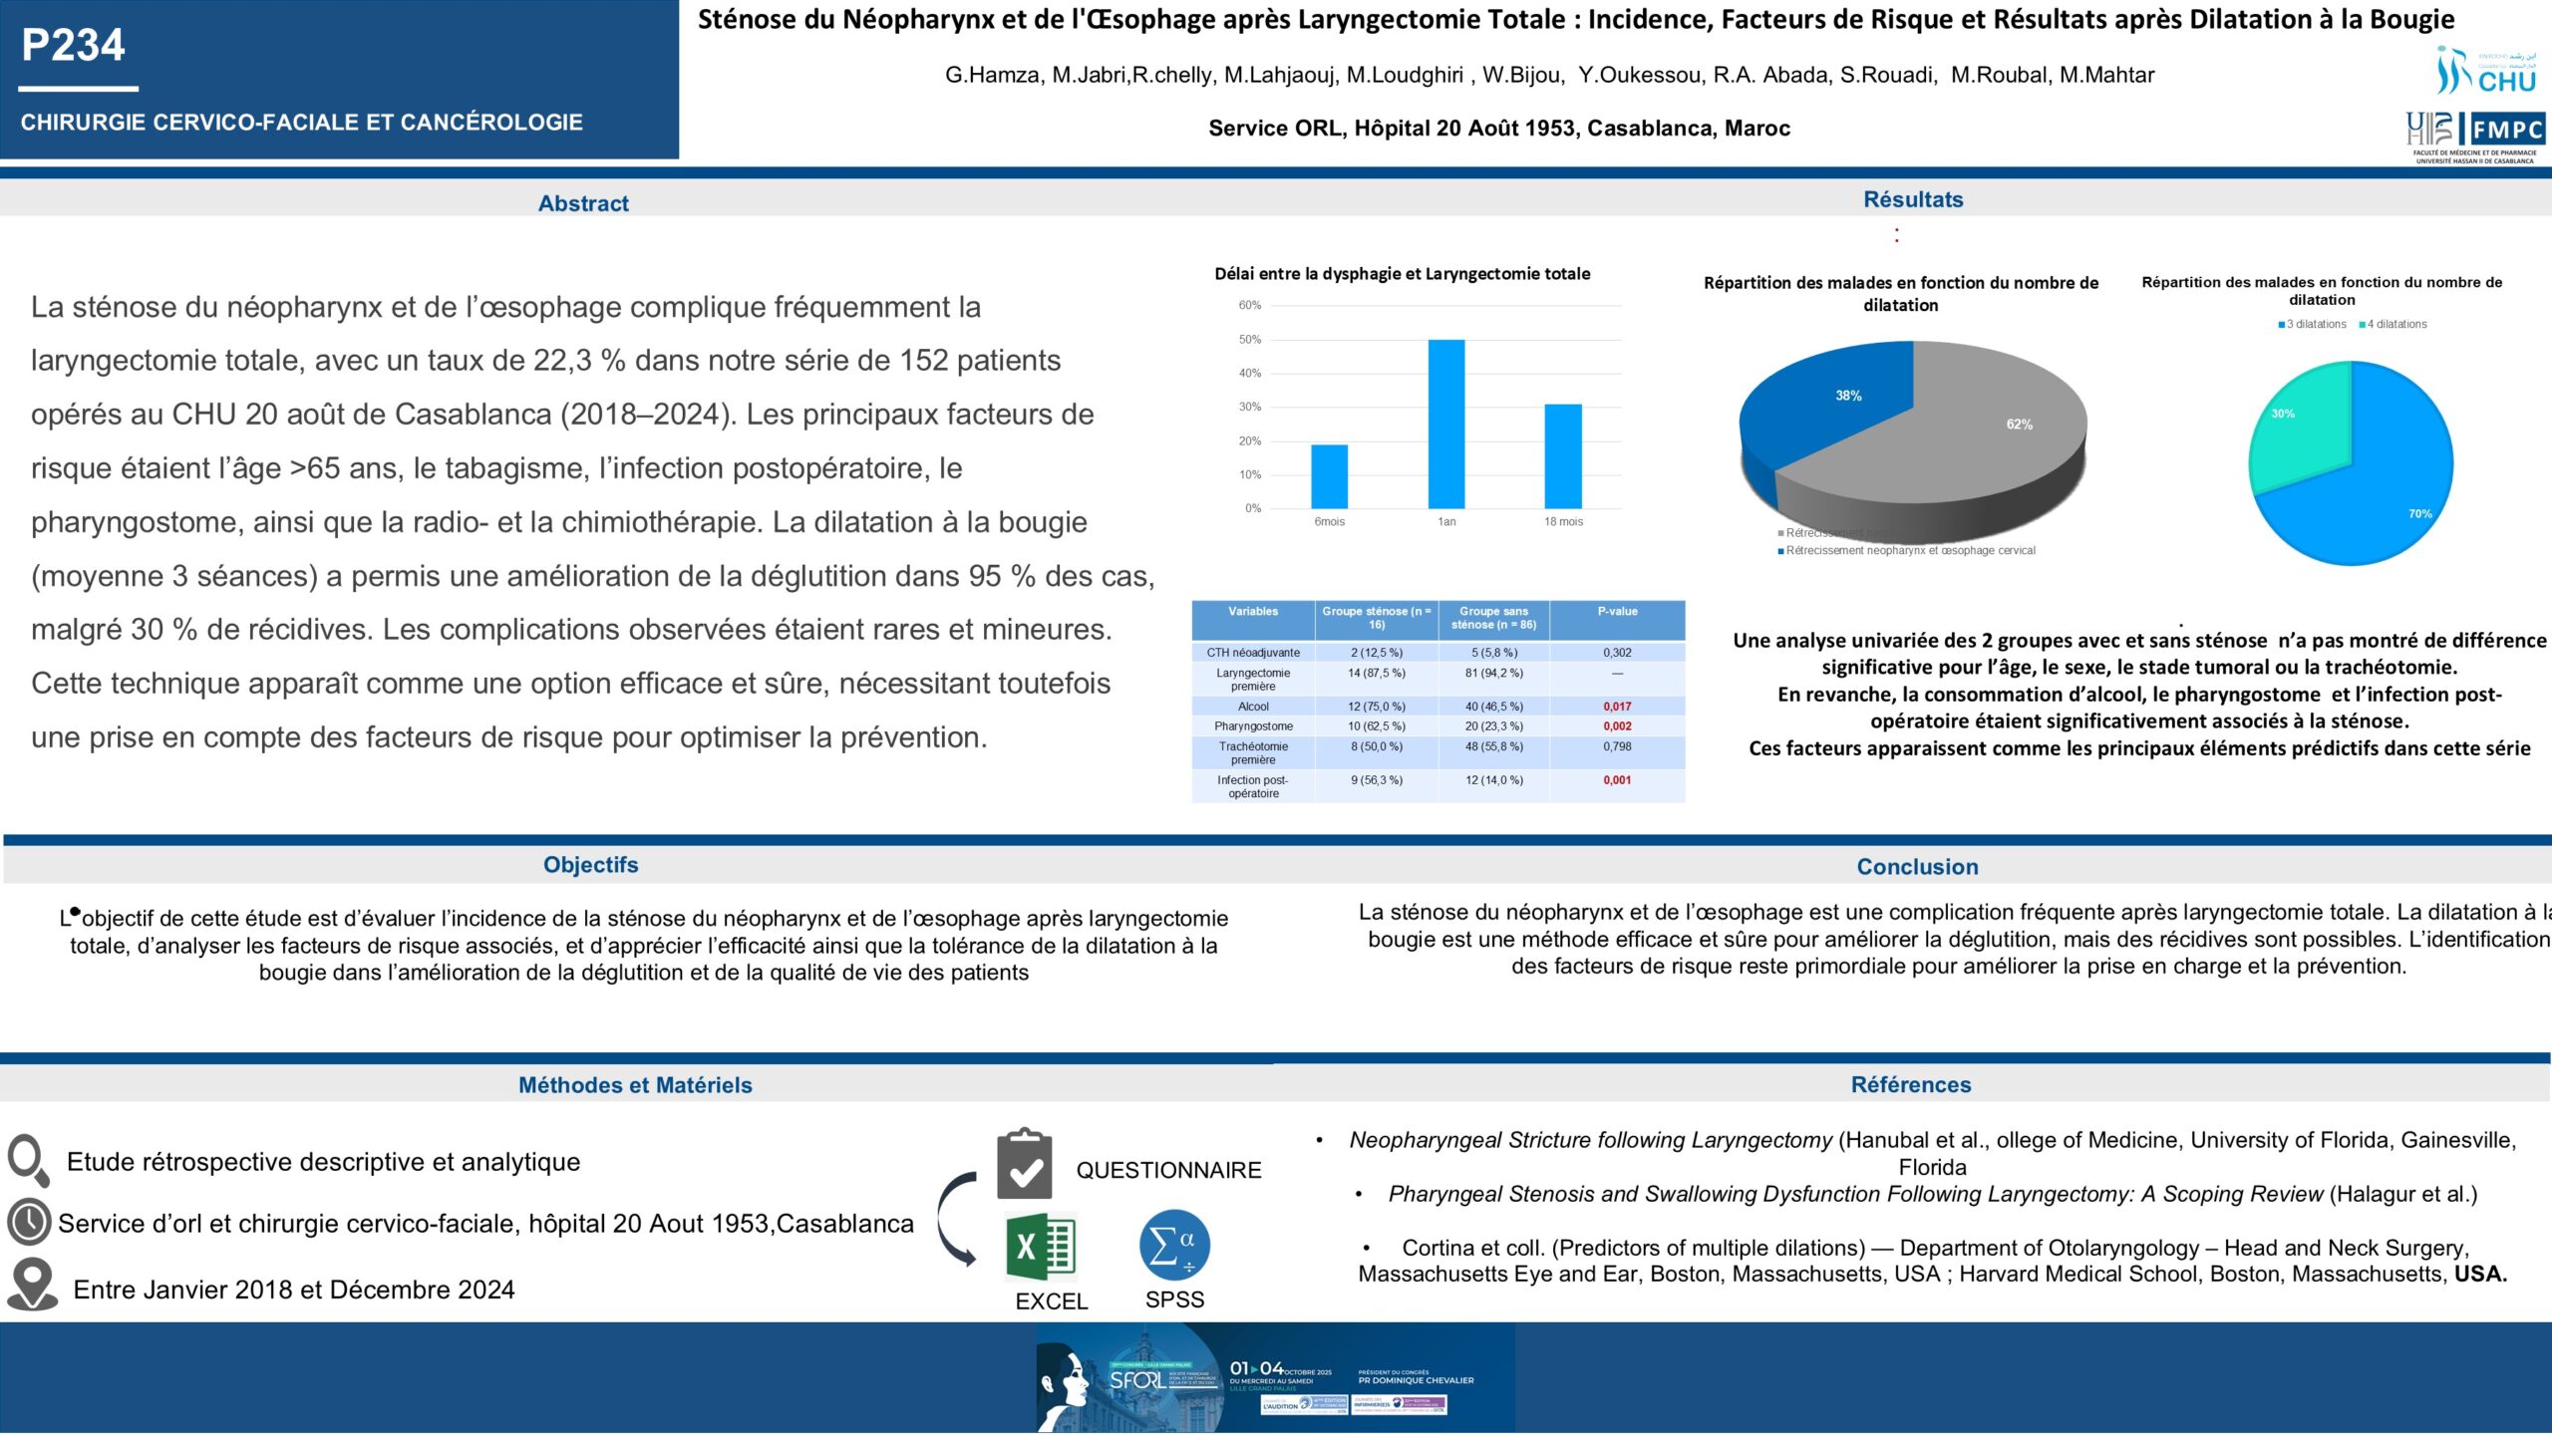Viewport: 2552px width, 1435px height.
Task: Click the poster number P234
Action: tap(73, 45)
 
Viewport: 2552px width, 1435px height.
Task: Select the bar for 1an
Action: tap(1446, 424)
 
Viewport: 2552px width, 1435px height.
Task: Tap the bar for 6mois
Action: tap(1329, 476)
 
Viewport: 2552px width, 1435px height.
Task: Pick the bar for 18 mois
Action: tap(1563, 455)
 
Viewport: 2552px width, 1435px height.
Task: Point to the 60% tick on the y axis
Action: tap(1249, 305)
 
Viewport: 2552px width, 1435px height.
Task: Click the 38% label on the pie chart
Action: tap(1848, 396)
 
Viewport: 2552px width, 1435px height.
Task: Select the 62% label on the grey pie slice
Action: tap(2019, 425)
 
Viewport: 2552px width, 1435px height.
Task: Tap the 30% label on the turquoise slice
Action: tap(2282, 414)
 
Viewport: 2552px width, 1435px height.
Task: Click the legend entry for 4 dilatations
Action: tap(2395, 324)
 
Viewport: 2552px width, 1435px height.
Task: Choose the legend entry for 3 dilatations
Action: tap(2315, 324)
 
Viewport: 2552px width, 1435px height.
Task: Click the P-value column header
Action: tap(1617, 612)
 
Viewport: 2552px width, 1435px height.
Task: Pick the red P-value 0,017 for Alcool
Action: tap(1617, 707)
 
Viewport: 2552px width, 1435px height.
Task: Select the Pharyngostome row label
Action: tap(1253, 726)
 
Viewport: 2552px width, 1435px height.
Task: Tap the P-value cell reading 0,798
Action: tap(1617, 746)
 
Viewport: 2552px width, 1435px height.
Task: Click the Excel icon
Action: tap(1040, 1247)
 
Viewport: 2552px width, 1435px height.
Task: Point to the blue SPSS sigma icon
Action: tap(1174, 1245)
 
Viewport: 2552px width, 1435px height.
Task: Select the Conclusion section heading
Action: tap(1917, 867)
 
